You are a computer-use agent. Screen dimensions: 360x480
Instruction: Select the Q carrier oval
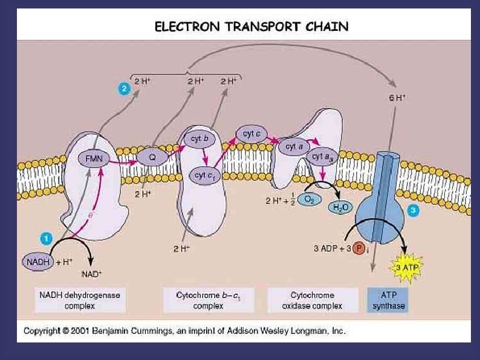pos(152,157)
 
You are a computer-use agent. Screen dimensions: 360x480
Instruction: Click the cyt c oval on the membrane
pos(251,133)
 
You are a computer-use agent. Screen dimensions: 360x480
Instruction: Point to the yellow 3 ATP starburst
pos(409,266)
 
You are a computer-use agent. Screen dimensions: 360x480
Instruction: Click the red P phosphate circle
pos(359,249)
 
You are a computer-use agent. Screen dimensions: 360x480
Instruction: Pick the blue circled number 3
pos(413,211)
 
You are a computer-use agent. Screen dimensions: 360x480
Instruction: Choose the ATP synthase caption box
pos(387,300)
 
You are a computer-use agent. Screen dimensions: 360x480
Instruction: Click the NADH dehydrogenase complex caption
pos(80,300)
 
